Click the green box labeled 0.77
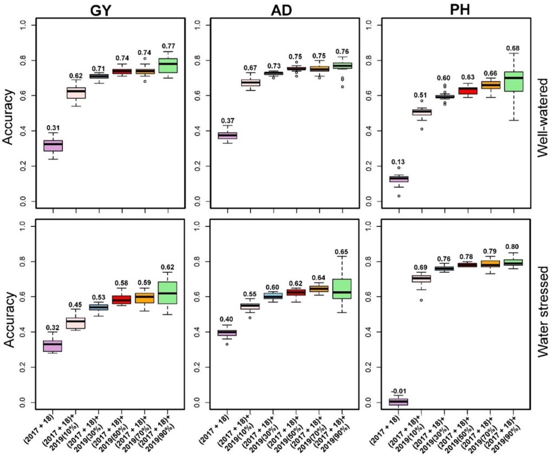tap(167, 65)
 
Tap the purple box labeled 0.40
tap(227, 333)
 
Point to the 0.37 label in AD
tap(227, 120)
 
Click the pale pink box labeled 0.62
tap(75, 93)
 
